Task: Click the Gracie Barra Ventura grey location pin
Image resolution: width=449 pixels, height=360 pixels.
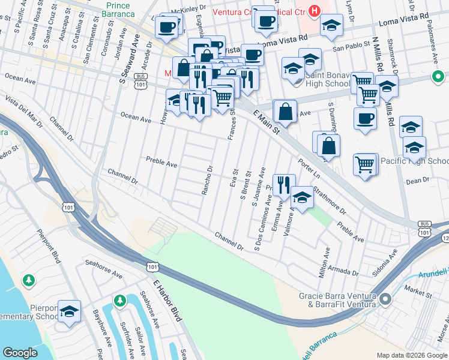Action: [385, 298]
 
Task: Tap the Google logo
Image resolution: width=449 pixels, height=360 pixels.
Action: [20, 352]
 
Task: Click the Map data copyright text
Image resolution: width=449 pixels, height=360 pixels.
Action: [411, 355]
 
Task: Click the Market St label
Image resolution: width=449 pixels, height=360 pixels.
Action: [418, 295]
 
